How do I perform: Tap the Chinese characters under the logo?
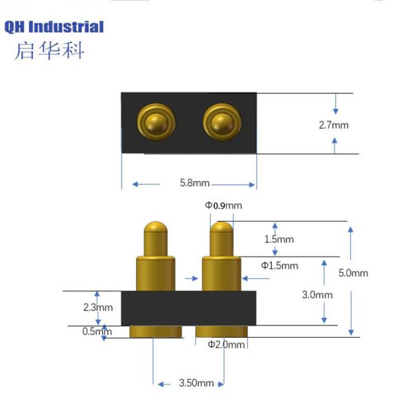tap(49, 51)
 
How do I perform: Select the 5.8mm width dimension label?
tap(194, 184)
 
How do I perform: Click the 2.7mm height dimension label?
tap(334, 125)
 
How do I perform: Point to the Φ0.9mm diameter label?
tap(223, 205)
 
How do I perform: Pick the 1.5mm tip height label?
tap(279, 239)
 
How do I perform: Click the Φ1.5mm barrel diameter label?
tap(279, 265)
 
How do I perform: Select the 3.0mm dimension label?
tap(318, 295)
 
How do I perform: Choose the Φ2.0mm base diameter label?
tap(226, 345)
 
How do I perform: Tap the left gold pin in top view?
tap(155, 122)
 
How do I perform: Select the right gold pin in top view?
tap(220, 122)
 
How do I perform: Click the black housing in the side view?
tap(188, 308)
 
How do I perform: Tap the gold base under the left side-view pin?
tap(156, 332)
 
